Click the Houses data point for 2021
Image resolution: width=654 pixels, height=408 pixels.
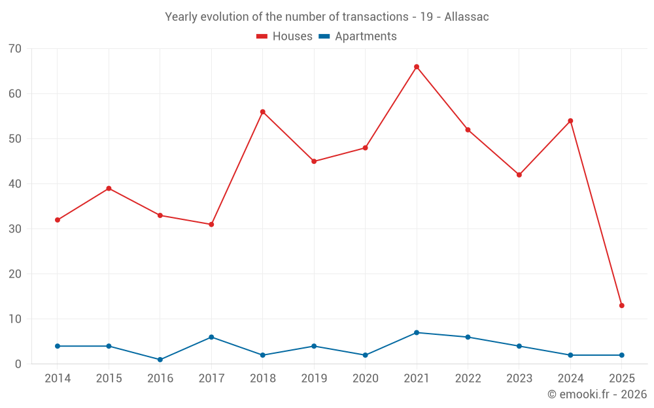(x=417, y=67)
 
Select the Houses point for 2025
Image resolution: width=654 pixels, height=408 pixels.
(x=621, y=306)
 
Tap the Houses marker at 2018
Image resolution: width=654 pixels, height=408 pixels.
(x=263, y=112)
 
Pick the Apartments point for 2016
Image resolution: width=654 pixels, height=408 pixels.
(x=160, y=360)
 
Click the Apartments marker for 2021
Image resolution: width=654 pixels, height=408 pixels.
(x=417, y=333)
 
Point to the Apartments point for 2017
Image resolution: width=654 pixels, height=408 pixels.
(x=211, y=337)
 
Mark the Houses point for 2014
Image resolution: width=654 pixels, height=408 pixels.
(x=58, y=220)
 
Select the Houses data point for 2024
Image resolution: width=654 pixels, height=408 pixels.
(x=570, y=121)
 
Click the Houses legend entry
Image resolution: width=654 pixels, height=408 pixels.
(x=284, y=37)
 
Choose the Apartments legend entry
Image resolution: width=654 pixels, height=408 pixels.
(x=358, y=37)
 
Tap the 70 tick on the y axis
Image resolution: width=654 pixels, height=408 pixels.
(x=15, y=49)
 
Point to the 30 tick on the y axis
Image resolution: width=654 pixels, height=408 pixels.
(x=15, y=229)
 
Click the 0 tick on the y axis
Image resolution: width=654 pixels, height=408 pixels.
(x=18, y=364)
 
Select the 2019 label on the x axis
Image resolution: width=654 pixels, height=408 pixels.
(x=314, y=379)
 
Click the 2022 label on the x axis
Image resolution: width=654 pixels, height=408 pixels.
(x=468, y=379)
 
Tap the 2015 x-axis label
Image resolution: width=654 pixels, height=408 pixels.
(x=109, y=379)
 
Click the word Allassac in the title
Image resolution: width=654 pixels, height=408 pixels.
(x=466, y=17)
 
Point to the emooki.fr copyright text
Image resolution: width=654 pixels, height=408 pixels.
(x=596, y=394)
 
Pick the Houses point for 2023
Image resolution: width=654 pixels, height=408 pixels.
(x=519, y=175)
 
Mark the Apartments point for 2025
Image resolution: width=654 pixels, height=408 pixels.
(x=621, y=355)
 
